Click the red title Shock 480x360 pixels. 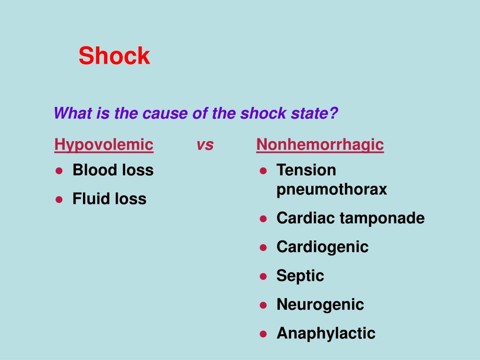(114, 56)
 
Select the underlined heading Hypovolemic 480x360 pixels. (104, 145)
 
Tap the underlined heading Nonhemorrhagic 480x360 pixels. (320, 145)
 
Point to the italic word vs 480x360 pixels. (205, 145)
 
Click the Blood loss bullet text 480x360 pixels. (113, 170)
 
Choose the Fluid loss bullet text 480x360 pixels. (109, 199)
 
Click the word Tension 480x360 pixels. (306, 170)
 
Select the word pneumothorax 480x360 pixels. (331, 189)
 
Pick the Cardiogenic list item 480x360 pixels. (322, 247)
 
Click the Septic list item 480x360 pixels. (300, 276)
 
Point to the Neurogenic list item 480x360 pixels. (320, 305)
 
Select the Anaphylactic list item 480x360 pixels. (326, 333)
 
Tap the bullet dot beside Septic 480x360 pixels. (263, 277)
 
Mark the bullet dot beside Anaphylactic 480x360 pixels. (263, 334)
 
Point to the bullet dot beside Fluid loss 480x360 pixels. (59, 200)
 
